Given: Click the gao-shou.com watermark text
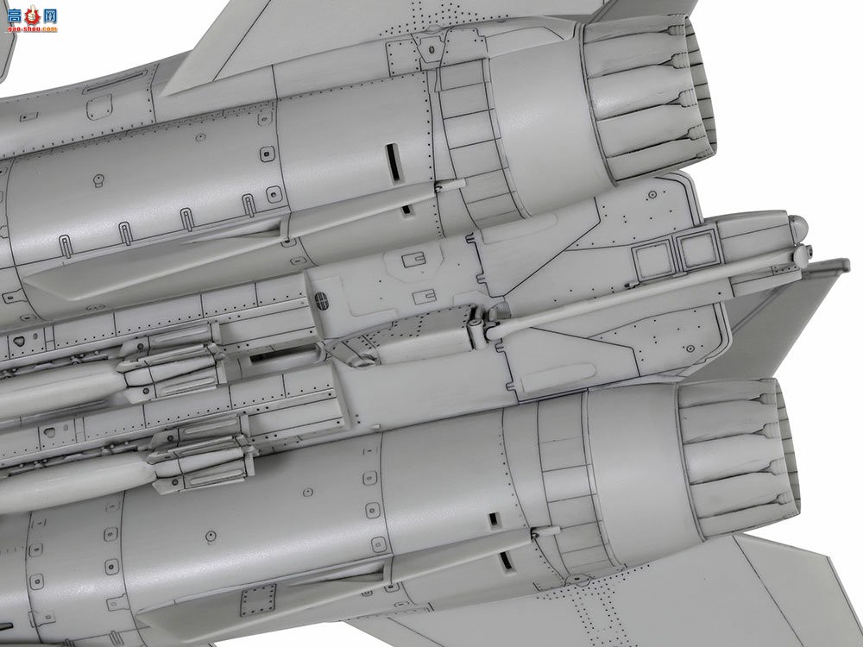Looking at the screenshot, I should coord(30,28).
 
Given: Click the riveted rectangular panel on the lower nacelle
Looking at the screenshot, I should coord(258,595).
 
